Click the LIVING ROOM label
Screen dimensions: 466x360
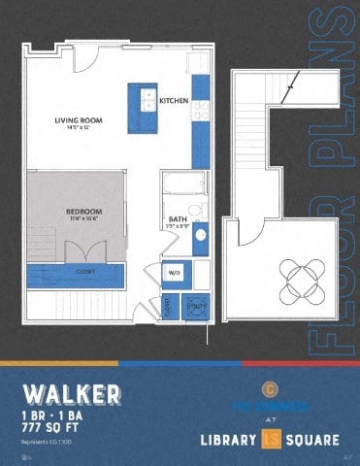[79, 120]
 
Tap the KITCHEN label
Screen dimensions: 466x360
[174, 101]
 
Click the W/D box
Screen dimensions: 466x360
[176, 273]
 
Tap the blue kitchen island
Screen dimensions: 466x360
[143, 101]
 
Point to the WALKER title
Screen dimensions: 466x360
[72, 394]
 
